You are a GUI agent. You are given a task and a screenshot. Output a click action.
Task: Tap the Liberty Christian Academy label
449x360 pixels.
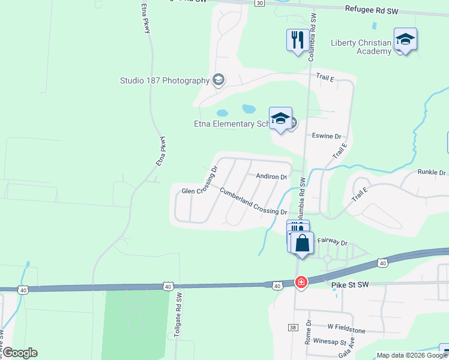click(361, 47)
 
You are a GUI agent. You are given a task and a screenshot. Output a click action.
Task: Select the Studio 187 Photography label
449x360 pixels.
click(164, 80)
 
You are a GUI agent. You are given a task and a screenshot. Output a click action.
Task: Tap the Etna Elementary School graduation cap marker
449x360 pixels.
click(280, 119)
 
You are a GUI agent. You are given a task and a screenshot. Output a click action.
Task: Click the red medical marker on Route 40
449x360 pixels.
click(301, 281)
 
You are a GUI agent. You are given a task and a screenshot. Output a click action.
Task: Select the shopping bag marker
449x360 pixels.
click(303, 243)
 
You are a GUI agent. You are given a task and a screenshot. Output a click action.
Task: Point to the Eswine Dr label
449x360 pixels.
click(327, 136)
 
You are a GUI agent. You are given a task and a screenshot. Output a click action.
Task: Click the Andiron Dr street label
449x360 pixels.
click(272, 176)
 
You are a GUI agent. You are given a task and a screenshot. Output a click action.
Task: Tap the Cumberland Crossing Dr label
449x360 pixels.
click(253, 202)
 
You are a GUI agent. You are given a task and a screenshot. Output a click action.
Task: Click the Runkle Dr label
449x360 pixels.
click(430, 172)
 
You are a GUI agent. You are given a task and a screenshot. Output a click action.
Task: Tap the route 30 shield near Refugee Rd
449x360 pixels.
click(259, 3)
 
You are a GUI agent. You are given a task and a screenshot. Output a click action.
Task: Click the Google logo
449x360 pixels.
click(20, 353)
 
